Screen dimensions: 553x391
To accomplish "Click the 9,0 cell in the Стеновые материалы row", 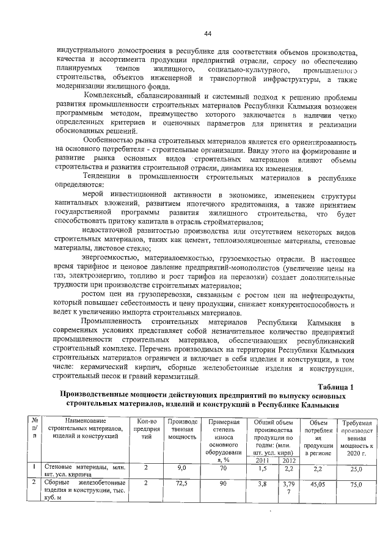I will (181, 468).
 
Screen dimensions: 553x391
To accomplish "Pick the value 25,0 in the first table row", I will (356, 469).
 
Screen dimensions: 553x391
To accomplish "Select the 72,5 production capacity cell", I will (181, 483).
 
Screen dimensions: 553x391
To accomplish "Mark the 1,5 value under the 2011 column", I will (263, 468).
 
